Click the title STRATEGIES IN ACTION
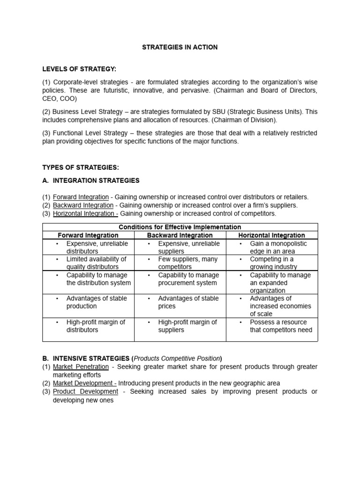(x=180, y=47)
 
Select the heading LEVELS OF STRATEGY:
(x=79, y=69)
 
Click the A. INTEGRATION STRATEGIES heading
(x=91, y=180)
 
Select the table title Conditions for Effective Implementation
(x=180, y=227)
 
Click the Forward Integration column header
(x=88, y=235)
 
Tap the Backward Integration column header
(x=180, y=235)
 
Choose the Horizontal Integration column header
(x=271, y=235)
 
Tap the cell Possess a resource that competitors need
(x=280, y=326)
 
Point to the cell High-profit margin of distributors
(x=95, y=326)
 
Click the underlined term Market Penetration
(x=81, y=367)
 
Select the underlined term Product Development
(x=85, y=391)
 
